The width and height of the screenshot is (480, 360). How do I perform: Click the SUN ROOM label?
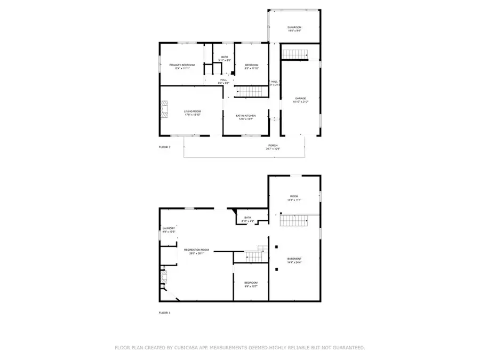tap(294, 27)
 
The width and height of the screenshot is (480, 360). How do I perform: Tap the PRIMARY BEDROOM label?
tap(182, 65)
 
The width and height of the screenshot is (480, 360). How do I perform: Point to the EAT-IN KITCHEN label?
tap(246, 115)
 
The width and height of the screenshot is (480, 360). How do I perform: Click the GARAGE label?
tap(301, 98)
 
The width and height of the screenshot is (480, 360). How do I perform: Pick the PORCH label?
tap(273, 145)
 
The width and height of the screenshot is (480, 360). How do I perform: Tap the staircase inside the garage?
tap(295, 54)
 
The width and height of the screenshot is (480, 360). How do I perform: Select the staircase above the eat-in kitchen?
tap(251, 92)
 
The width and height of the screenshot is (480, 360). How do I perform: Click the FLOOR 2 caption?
tap(165, 147)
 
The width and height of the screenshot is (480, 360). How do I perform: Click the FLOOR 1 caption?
tap(165, 313)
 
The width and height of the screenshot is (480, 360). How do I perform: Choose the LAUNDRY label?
tap(169, 228)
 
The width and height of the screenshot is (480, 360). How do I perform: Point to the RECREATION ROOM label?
tap(196, 250)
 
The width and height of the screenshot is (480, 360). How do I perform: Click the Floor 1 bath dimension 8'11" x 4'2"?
tap(247, 221)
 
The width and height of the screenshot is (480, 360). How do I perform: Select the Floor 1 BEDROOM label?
tap(251, 283)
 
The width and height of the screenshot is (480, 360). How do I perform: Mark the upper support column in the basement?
tap(276, 246)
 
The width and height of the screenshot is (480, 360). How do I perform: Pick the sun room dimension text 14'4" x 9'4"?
tap(294, 30)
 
